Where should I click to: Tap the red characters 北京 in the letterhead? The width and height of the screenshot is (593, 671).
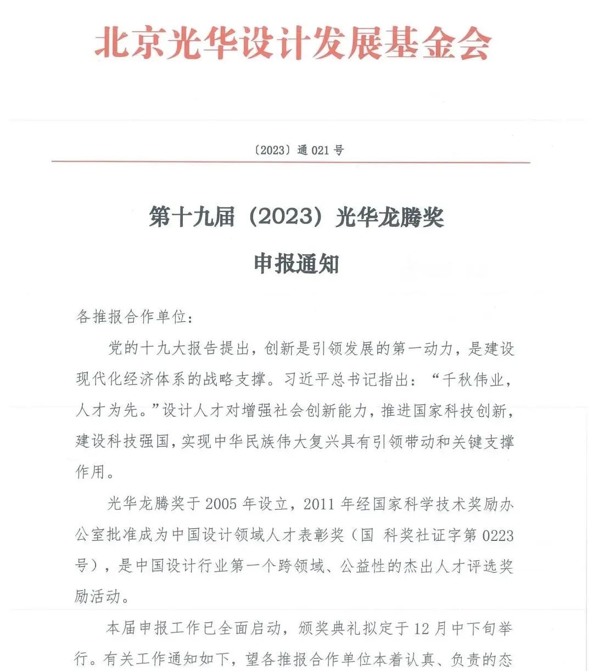pyautogui.click(x=129, y=43)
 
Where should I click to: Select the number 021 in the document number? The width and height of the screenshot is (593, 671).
pyautogui.click(x=320, y=150)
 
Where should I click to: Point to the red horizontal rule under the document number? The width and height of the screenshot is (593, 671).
pyautogui.click(x=291, y=162)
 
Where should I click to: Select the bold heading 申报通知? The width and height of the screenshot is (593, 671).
pyautogui.click(x=296, y=264)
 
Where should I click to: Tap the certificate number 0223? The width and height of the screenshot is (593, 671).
pyautogui.click(x=497, y=534)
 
